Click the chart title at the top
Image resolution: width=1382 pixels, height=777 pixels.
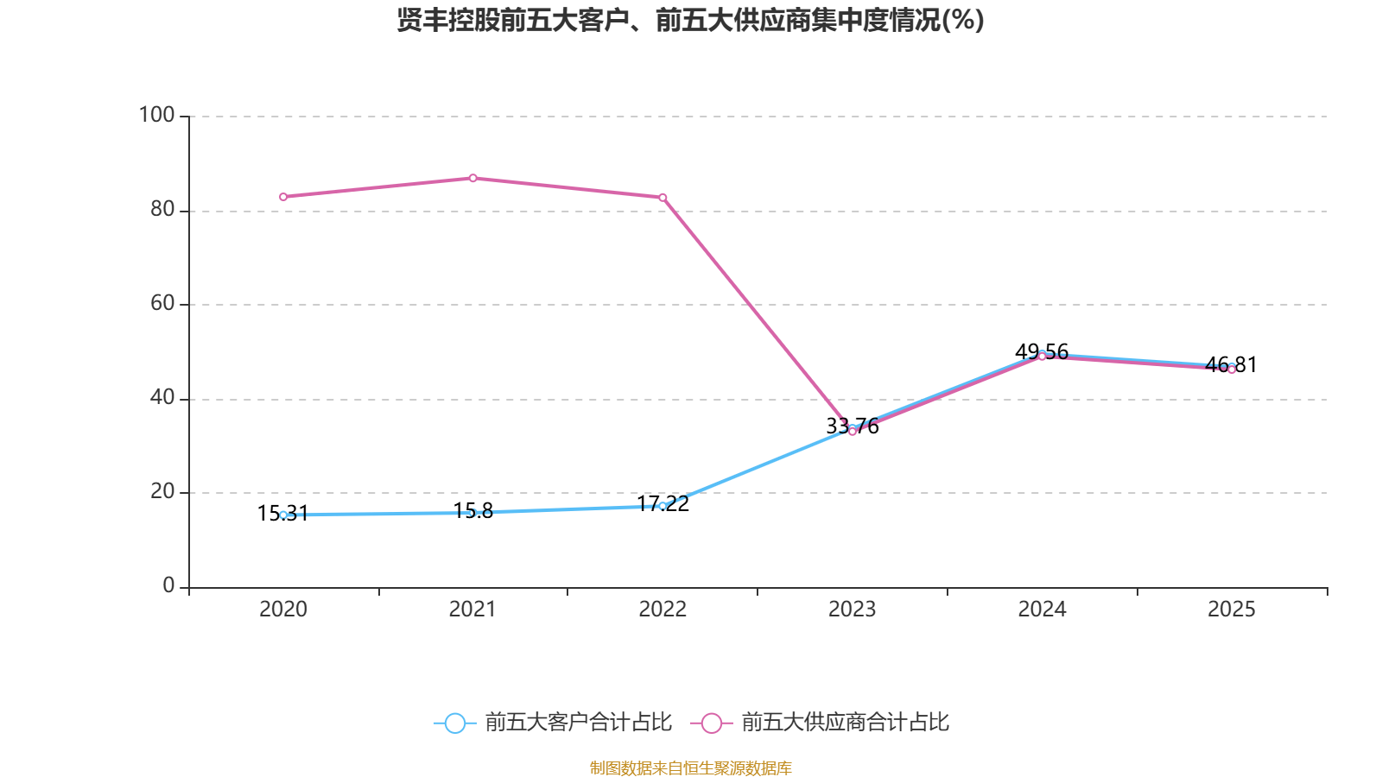(690, 20)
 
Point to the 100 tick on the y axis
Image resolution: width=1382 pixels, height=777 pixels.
(156, 115)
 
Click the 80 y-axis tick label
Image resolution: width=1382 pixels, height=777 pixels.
(162, 209)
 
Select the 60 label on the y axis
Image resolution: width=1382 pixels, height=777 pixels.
(162, 303)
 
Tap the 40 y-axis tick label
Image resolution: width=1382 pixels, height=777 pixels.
(162, 397)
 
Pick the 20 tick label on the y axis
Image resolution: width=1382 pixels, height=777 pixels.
(162, 491)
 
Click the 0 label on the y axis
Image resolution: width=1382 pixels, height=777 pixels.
(168, 585)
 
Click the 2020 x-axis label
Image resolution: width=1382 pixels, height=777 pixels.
(283, 610)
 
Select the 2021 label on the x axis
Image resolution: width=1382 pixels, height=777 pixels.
(472, 610)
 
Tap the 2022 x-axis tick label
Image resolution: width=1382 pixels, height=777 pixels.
(662, 610)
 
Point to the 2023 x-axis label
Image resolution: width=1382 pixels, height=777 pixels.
(852, 610)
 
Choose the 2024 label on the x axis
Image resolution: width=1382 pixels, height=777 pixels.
(1042, 610)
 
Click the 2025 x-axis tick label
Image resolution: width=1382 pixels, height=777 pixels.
(1231, 610)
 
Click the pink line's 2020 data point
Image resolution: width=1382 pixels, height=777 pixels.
(283, 197)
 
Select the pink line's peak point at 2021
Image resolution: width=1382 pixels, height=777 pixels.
(472, 178)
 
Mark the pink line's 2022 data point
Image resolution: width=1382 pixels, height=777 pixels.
(662, 198)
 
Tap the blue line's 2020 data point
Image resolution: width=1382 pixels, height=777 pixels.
(283, 515)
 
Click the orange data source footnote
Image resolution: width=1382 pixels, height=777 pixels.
(690, 768)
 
